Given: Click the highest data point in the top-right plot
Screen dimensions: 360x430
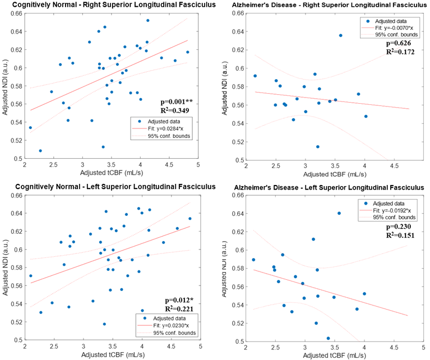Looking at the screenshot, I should point(340,35).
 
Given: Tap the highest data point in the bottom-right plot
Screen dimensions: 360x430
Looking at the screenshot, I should point(339,213).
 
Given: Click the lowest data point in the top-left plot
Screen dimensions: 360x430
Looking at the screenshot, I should point(40,150).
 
